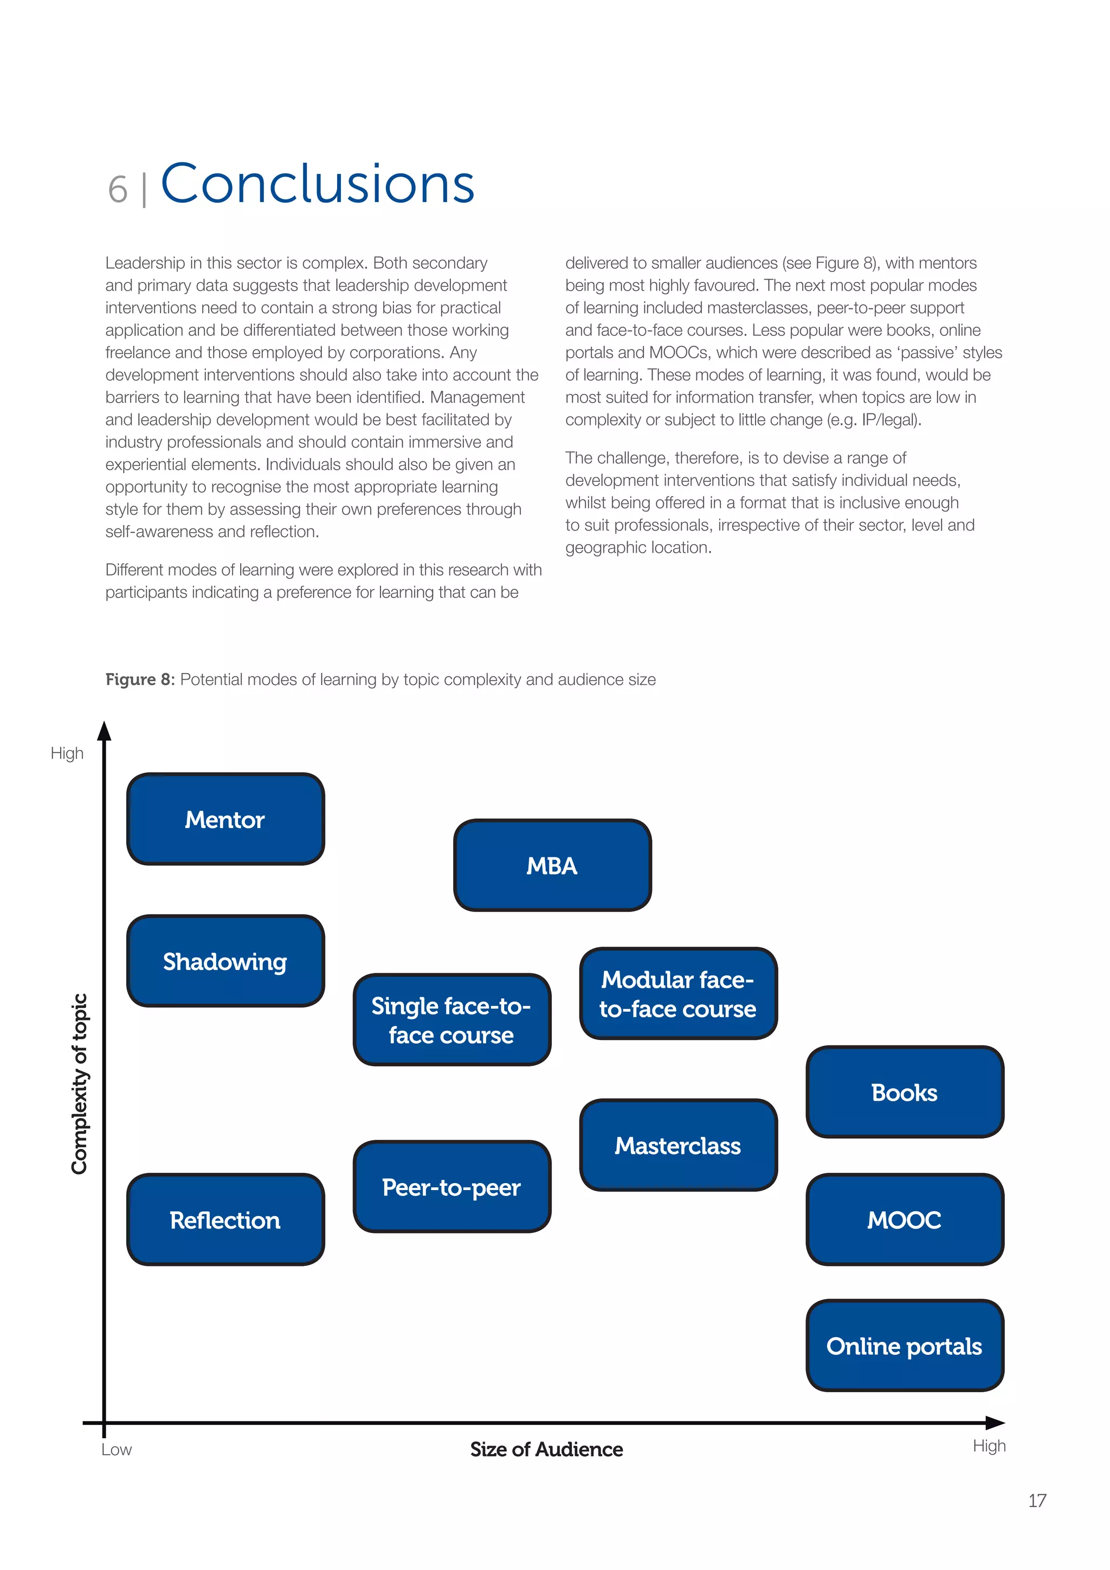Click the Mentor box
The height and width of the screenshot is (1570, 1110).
click(225, 819)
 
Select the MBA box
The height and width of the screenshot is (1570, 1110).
click(552, 865)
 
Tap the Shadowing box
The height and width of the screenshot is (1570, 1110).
click(225, 961)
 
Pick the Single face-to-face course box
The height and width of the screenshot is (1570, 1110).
click(451, 1019)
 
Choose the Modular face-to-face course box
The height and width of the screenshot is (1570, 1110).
click(678, 993)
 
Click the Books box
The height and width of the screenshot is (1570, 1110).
click(904, 1092)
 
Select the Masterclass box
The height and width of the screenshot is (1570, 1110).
click(678, 1145)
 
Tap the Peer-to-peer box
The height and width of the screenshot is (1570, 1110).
click(451, 1187)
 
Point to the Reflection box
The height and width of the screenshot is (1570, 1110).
click(225, 1220)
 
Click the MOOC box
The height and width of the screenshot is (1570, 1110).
click(904, 1220)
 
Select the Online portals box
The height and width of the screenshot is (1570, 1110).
click(904, 1346)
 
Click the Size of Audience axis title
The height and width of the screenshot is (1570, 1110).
click(546, 1449)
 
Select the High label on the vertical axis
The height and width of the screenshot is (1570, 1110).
click(67, 753)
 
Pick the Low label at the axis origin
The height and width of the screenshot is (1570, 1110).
click(117, 1450)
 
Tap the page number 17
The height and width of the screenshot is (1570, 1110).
click(1037, 1500)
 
